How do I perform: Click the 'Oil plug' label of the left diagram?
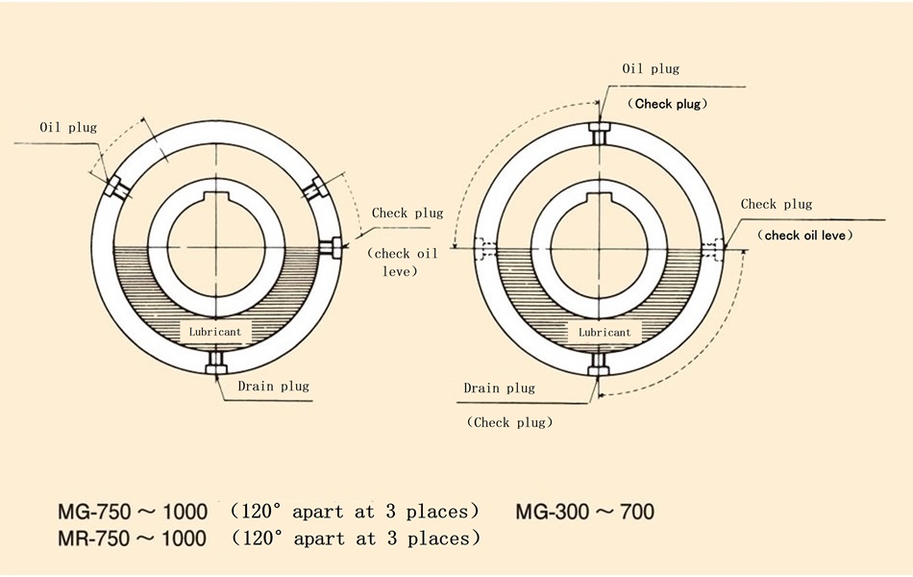click(x=68, y=127)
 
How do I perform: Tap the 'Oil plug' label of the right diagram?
click(x=651, y=68)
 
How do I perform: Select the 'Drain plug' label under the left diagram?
click(x=273, y=386)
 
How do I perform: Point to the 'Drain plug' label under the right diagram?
click(x=499, y=389)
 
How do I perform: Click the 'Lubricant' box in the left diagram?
click(x=215, y=332)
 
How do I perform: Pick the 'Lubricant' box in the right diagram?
click(x=605, y=332)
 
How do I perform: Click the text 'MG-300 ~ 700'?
click(x=584, y=512)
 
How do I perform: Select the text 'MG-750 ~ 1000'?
click(x=133, y=512)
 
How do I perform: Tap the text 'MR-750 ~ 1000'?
click(x=132, y=538)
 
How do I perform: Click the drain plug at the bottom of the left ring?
click(x=216, y=363)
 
